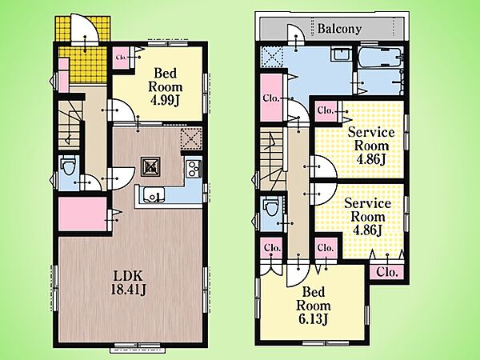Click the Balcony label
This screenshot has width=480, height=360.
(x=339, y=29)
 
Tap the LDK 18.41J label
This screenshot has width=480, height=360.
(x=128, y=283)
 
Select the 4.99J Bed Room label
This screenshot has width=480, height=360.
(x=166, y=87)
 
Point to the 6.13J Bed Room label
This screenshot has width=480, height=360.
(x=313, y=306)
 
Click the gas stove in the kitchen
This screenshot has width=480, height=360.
(x=194, y=168)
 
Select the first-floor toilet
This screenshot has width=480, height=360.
(x=68, y=166)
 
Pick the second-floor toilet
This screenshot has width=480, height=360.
(x=270, y=206)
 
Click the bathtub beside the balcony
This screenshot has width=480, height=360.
(x=380, y=57)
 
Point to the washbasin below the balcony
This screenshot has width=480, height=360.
(x=341, y=55)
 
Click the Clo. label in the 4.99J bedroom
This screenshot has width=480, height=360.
(x=122, y=58)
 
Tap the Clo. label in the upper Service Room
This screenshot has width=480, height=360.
(x=325, y=110)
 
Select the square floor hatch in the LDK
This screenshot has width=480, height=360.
(x=150, y=166)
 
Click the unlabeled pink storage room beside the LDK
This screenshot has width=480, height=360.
(x=82, y=214)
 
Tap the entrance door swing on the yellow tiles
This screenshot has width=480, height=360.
(x=85, y=30)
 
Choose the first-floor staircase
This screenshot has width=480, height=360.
(x=70, y=126)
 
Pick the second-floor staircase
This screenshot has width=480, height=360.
(x=273, y=159)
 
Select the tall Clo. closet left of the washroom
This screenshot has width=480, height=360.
(x=271, y=98)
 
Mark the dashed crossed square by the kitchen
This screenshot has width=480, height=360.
(x=191, y=138)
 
